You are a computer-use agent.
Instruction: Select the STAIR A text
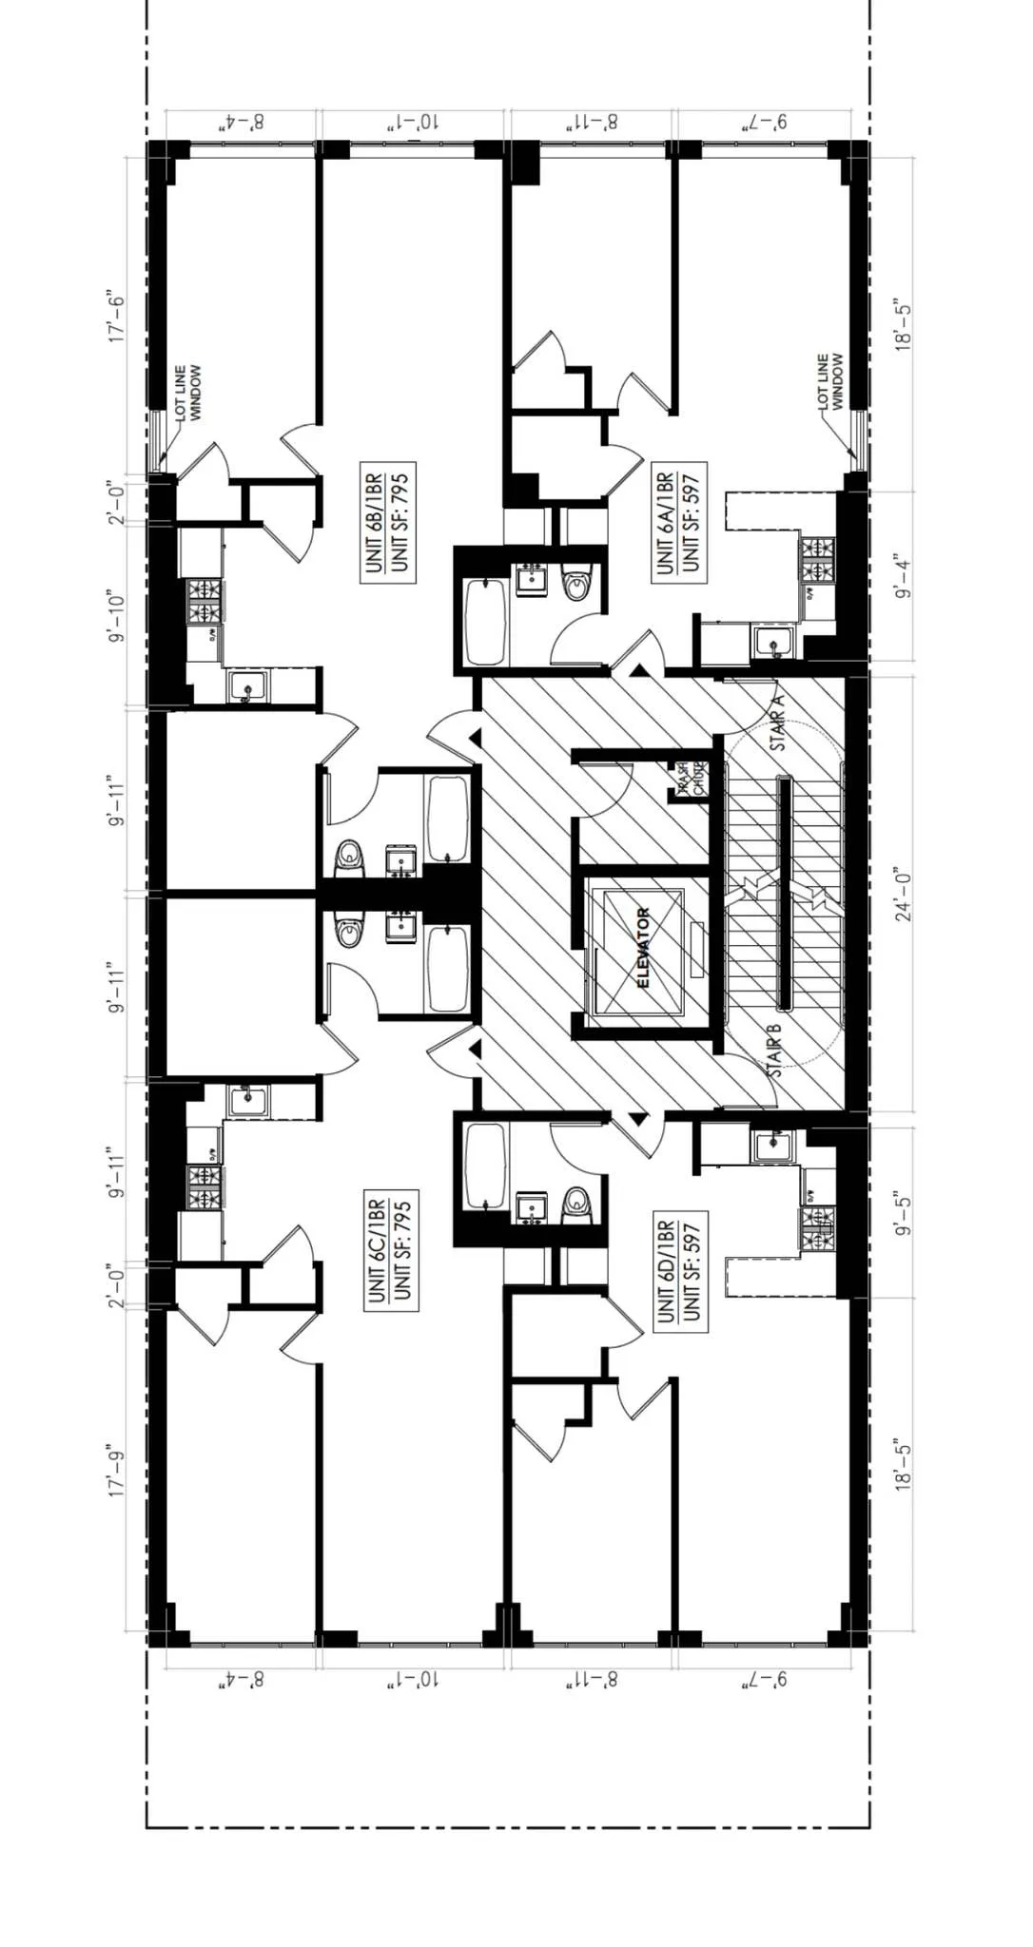click(778, 723)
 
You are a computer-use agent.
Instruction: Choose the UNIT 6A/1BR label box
click(679, 522)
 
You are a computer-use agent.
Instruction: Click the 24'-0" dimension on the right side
click(904, 896)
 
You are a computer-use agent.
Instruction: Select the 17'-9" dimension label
click(117, 1473)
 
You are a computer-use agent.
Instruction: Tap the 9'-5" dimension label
click(904, 1213)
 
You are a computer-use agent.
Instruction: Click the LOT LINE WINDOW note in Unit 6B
click(188, 393)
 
